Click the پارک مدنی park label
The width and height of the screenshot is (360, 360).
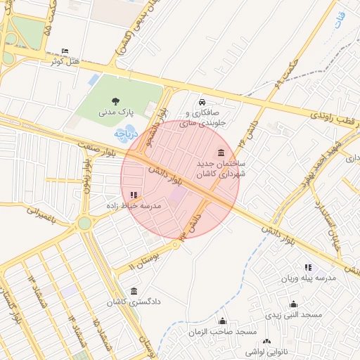click(x=115, y=112)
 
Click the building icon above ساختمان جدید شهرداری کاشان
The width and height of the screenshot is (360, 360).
click(x=221, y=153)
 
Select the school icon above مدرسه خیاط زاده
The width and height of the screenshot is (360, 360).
click(x=134, y=195)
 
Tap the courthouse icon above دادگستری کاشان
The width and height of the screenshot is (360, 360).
click(x=134, y=291)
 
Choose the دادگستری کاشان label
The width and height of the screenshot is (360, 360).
click(x=134, y=302)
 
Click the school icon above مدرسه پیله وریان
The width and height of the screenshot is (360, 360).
click(x=308, y=267)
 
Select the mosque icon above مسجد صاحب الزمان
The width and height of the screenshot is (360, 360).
click(x=223, y=321)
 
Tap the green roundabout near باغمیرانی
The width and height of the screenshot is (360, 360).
click(x=84, y=224)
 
